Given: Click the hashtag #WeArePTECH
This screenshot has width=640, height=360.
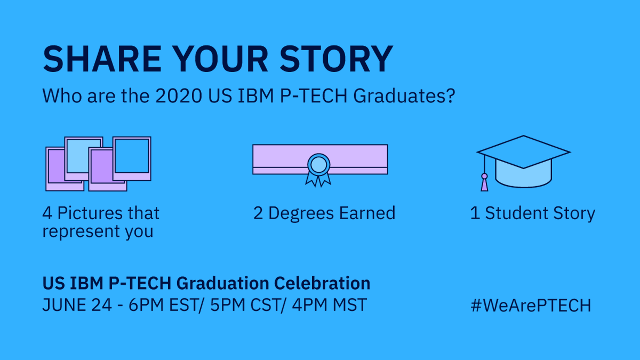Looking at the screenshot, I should click(531, 306).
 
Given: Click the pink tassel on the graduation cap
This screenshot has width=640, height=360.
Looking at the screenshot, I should click(484, 182).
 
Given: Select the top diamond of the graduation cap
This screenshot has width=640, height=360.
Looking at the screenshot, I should click(523, 151).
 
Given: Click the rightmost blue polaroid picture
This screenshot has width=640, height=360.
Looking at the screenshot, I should click(131, 157).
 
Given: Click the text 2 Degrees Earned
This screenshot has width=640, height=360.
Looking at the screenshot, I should click(324, 213).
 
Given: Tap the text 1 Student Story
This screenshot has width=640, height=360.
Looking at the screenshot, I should click(532, 213).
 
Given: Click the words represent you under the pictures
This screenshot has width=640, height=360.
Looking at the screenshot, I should click(98, 232).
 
